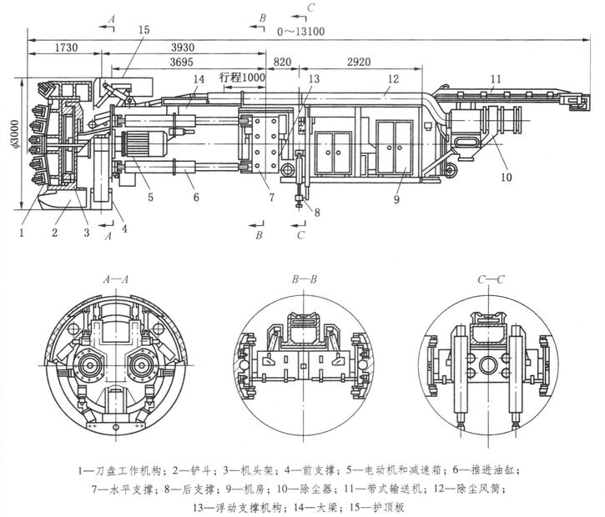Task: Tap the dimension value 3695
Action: tap(184, 63)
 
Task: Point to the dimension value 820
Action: tap(282, 63)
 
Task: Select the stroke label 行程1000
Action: tap(242, 77)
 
